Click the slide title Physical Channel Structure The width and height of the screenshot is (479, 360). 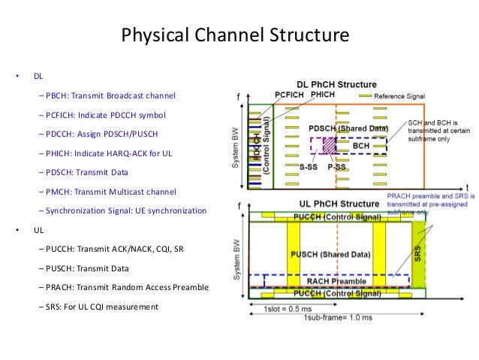pos(235,35)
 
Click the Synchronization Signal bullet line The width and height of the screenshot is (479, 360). pos(125,211)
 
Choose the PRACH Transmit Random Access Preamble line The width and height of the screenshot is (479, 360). pos(125,287)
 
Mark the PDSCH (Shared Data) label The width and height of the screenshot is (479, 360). pos(346,129)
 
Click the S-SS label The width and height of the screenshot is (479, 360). pos(308,165)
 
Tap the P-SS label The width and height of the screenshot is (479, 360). pos(336,165)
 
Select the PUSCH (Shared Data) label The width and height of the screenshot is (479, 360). pos(333,254)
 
